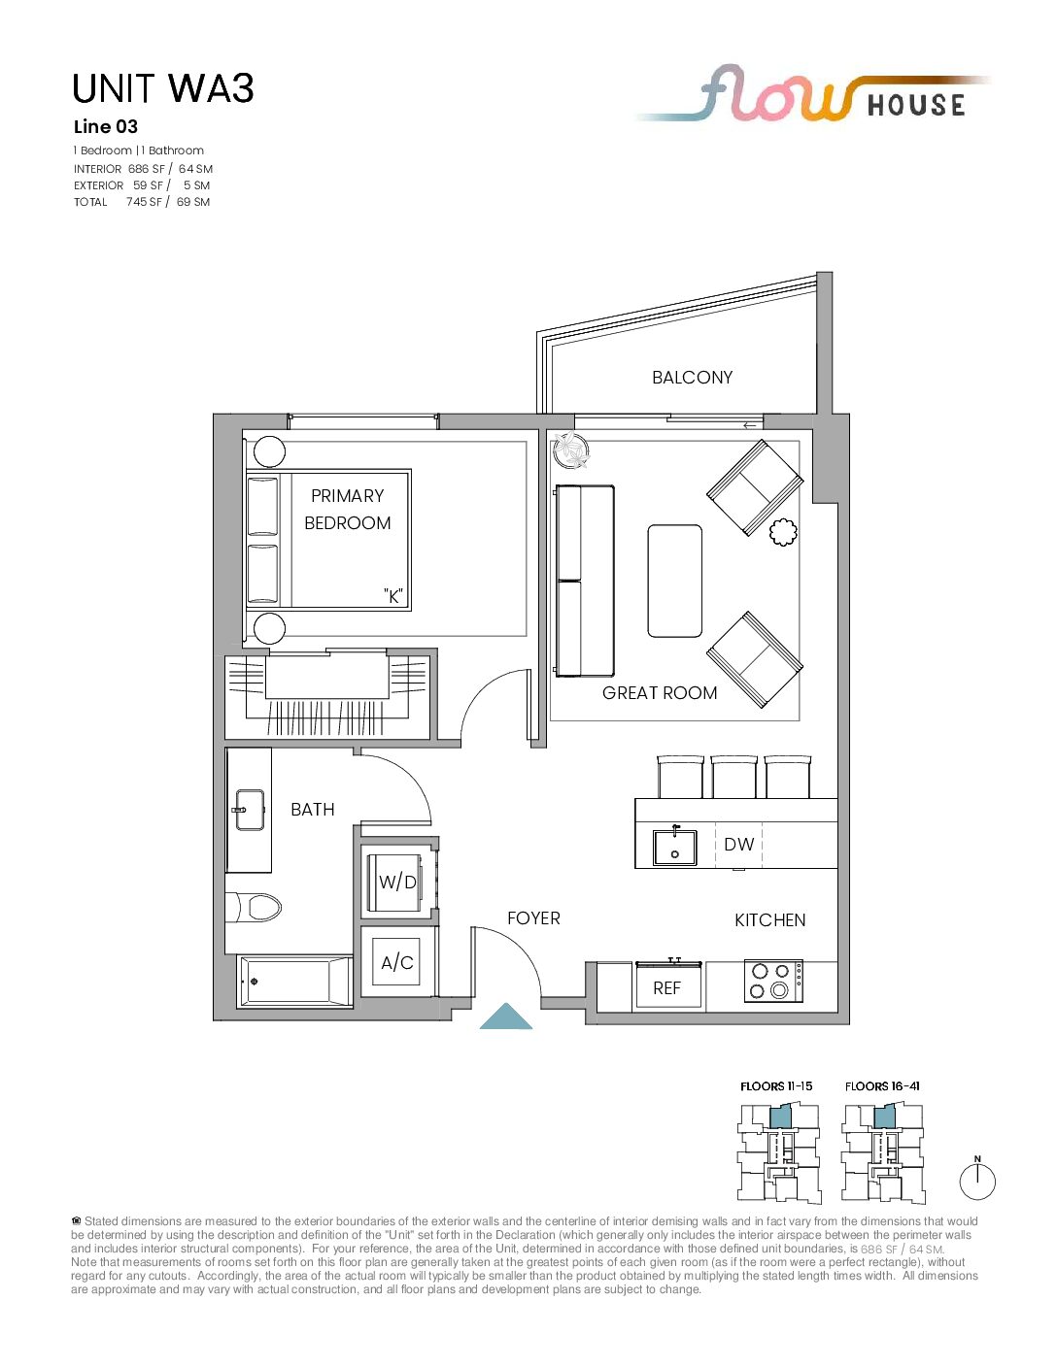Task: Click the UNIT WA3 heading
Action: (163, 88)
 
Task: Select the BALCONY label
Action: (692, 378)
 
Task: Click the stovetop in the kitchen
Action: (773, 981)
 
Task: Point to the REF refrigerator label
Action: (666, 989)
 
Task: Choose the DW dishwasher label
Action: (739, 845)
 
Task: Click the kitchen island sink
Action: (674, 847)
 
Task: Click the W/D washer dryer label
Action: (397, 883)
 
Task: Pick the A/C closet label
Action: (397, 962)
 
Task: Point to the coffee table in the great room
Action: (675, 581)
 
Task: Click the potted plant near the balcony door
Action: (570, 450)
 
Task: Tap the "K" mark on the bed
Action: (393, 596)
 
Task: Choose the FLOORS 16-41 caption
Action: (882, 1086)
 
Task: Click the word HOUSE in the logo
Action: (916, 105)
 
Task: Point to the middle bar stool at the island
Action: (734, 777)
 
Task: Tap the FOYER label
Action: (533, 918)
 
